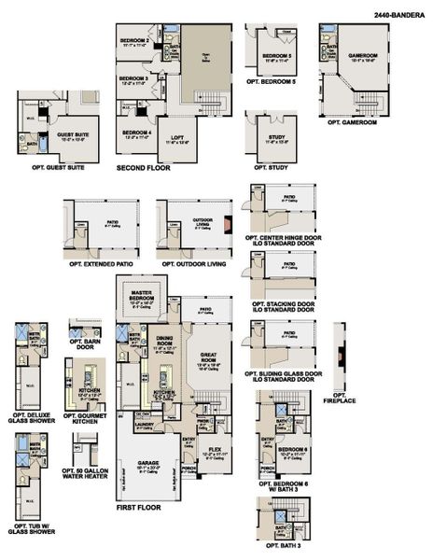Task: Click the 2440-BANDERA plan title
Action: pyautogui.click(x=398, y=15)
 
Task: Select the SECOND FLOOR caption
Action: pyautogui.click(x=143, y=168)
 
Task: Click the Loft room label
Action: pyautogui.click(x=176, y=138)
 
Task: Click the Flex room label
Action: pyautogui.click(x=216, y=448)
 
